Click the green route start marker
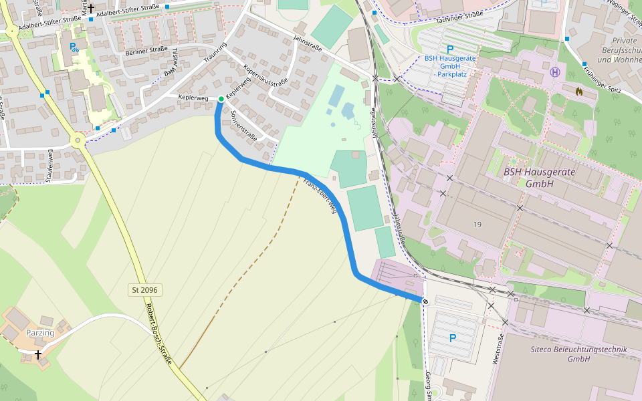pos(221,99)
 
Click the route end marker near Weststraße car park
pos(425,301)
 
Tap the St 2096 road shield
pos(145,290)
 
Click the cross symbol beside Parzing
pos(38,355)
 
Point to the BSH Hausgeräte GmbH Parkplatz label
pos(449,65)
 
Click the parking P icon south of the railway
pos(452,338)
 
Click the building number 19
pos(476,224)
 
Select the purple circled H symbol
pos(554,72)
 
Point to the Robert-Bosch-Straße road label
pos(159,334)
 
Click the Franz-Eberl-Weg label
pos(319,196)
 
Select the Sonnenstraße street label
pos(243,124)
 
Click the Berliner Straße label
pos(146,50)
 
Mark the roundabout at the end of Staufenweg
pos(78,140)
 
